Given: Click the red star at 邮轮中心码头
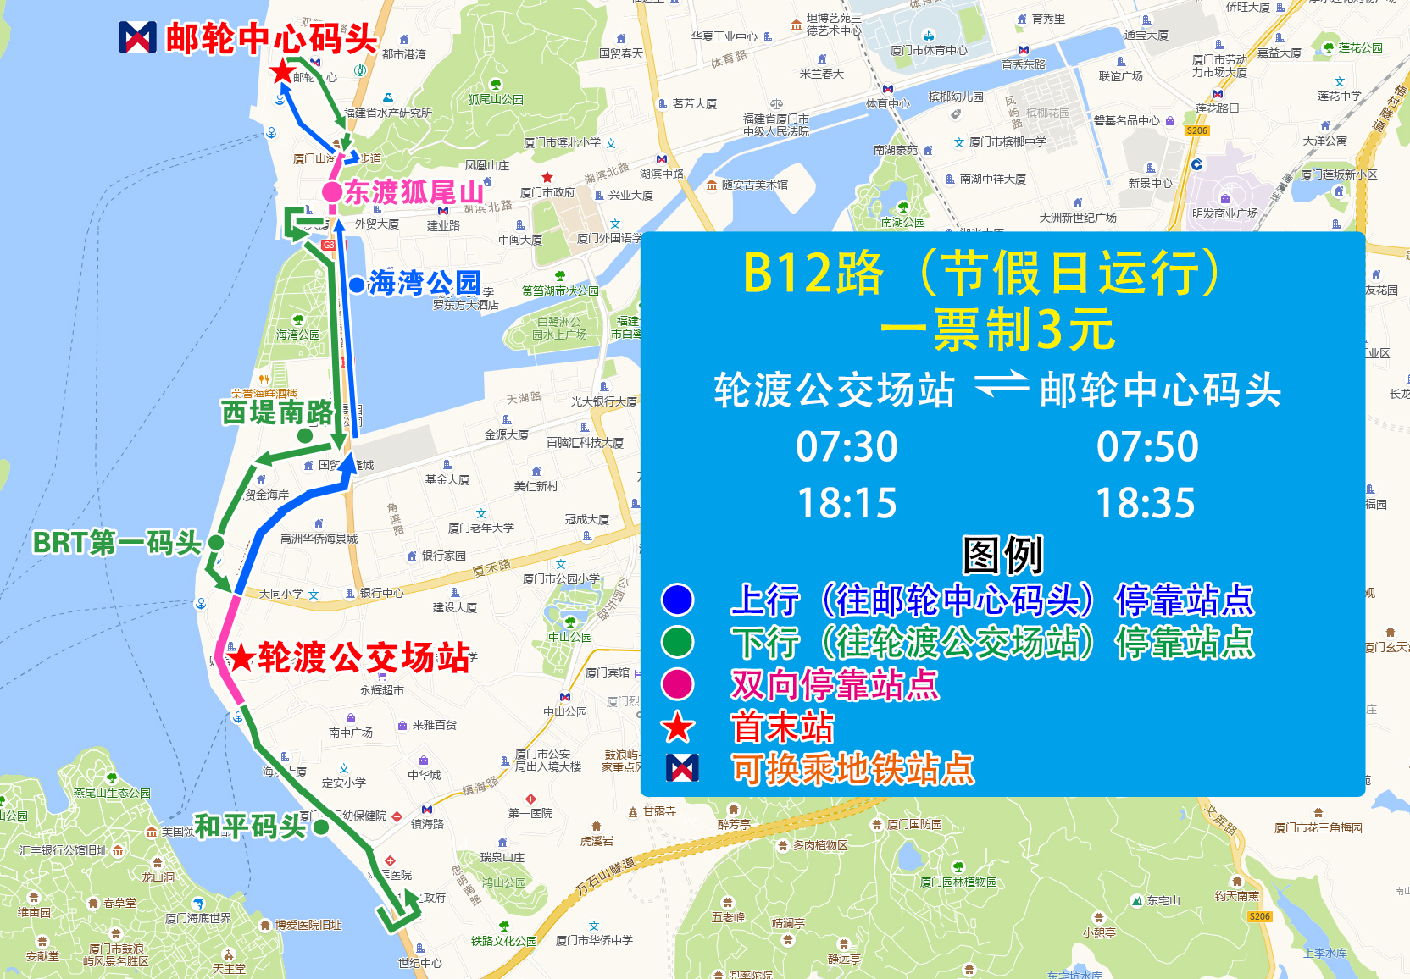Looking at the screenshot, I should (282, 71).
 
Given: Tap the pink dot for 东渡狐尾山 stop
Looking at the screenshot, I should (332, 192).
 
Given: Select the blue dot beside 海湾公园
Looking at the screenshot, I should (357, 285).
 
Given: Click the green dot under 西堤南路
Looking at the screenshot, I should (305, 435).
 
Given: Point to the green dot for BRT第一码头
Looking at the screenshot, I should (216, 542).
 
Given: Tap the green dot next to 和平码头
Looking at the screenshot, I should (321, 827).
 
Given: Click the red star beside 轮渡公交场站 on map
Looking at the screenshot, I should (242, 657).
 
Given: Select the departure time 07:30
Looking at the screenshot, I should (847, 447).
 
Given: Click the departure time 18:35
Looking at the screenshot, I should (1146, 504).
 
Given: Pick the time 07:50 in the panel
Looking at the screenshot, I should (1147, 447).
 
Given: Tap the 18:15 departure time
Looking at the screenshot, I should (847, 504).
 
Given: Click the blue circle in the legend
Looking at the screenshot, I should (677, 600).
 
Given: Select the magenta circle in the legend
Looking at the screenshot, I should (677, 684).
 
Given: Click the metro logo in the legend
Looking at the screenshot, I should (682, 767).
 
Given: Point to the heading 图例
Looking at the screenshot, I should (1002, 556).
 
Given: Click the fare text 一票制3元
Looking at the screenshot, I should (997, 330).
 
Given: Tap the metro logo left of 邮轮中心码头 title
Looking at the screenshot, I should (137, 37).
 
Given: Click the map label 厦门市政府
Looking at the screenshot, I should (547, 193).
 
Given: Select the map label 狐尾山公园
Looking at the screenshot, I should (496, 99).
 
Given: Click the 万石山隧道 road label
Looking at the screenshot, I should (605, 876).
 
